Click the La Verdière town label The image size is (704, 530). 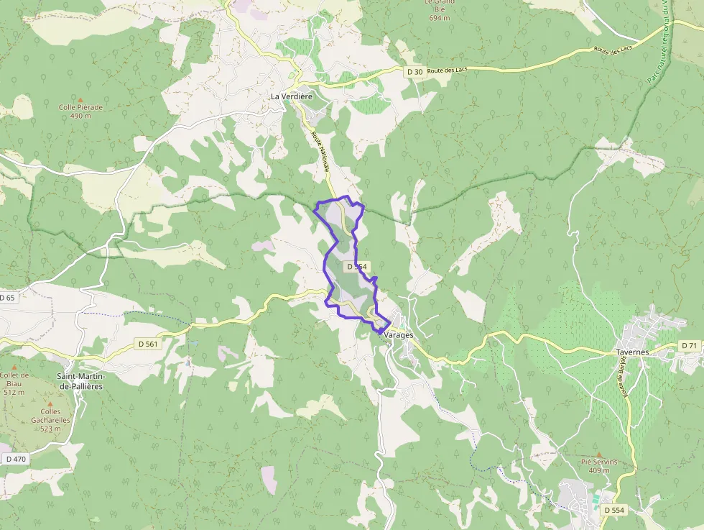click(291, 96)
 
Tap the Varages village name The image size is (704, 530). click(400, 335)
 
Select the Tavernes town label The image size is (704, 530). click(632, 352)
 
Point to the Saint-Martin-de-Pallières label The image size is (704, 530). click(80, 381)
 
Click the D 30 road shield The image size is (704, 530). click(414, 71)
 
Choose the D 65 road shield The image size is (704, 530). click(7, 297)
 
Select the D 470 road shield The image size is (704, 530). click(15, 459)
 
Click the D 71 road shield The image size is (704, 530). click(689, 346)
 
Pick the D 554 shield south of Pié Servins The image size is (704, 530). click(614, 509)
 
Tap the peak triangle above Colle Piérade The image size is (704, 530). click(80, 99)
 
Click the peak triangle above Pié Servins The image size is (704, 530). click(598, 454)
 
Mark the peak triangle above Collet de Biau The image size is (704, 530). click(14, 367)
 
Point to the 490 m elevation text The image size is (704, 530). click(80, 116)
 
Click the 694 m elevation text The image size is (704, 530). click(439, 17)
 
